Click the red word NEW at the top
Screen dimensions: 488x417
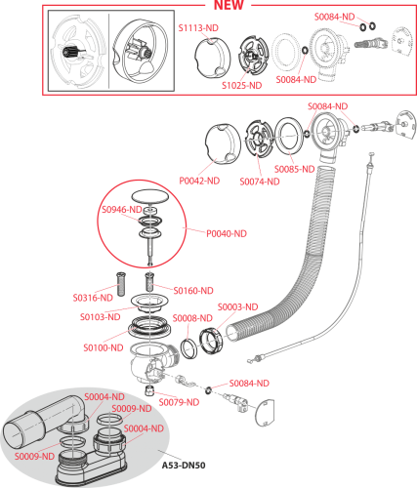click(229, 5)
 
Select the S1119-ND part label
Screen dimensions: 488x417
click(197, 29)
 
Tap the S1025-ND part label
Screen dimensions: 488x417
click(241, 85)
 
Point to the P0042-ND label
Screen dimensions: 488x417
click(199, 181)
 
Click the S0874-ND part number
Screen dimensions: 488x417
click(258, 182)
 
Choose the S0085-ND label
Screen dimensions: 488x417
click(294, 169)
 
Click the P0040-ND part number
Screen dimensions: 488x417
click(227, 233)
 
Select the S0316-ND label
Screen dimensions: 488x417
click(93, 298)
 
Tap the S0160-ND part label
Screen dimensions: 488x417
click(193, 290)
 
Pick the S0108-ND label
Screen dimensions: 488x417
click(100, 317)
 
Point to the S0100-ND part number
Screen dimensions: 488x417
click(103, 346)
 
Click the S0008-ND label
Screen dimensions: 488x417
click(192, 318)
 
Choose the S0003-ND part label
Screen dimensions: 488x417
click(236, 306)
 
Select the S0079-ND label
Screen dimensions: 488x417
click(180, 401)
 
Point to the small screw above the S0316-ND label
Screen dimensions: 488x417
click(120, 280)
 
